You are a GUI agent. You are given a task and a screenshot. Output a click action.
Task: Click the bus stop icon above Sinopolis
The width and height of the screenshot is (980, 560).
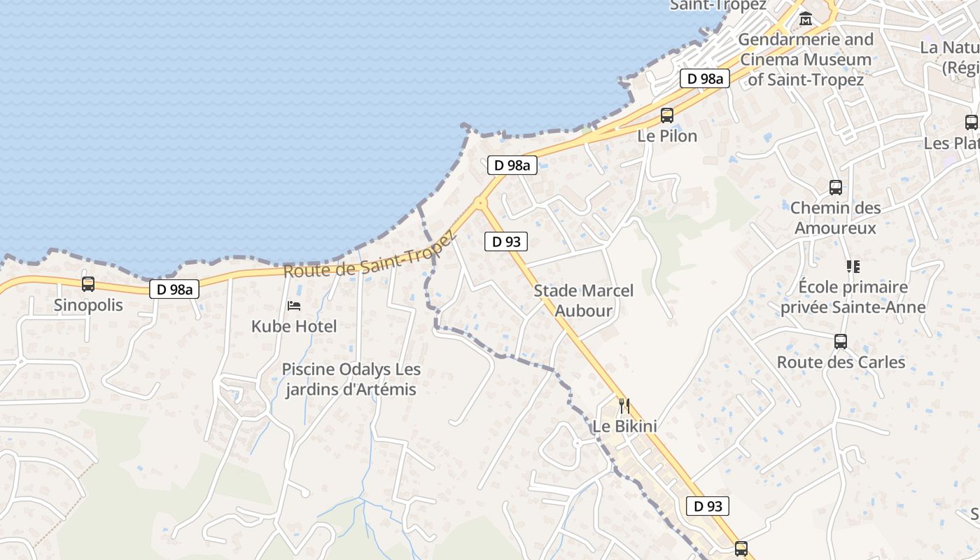point(88,284)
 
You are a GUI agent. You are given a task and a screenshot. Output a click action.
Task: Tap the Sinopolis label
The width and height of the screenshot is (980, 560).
point(88,305)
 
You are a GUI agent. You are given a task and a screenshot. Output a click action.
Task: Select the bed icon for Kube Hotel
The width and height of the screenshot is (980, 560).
point(294,306)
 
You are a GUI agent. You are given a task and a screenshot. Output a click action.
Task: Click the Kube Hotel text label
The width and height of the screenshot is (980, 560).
point(294,326)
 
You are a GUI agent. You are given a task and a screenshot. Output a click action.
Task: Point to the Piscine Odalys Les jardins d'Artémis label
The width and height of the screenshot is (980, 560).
point(351,379)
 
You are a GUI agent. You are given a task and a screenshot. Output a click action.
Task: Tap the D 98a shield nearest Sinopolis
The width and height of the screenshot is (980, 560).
point(174,289)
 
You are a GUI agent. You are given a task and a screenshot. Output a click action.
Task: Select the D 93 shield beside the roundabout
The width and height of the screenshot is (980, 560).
point(506,242)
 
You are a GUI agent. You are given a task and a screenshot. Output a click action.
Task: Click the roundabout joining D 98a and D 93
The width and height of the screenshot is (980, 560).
point(480,203)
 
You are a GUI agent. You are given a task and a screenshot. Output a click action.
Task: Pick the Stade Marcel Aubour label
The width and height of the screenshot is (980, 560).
point(584,300)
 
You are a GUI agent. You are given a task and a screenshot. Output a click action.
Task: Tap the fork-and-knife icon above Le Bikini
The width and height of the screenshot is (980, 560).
point(624,405)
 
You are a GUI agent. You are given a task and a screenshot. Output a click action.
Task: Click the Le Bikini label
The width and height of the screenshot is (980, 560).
point(624,426)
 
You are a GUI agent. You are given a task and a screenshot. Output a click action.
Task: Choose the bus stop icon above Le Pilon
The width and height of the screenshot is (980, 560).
point(667,115)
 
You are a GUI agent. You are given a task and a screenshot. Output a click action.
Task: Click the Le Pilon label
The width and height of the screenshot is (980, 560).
point(667,136)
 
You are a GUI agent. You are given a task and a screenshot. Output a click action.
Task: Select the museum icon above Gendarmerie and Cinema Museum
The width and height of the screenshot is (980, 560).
point(806,19)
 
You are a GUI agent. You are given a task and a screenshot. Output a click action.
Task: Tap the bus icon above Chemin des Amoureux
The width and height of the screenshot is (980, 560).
point(835,188)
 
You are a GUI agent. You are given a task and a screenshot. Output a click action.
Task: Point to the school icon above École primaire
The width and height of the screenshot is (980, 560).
point(853,267)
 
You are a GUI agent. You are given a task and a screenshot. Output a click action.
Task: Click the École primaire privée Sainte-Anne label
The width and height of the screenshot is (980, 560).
point(853,297)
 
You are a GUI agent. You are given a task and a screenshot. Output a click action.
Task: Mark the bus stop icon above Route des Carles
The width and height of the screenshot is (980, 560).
point(841,342)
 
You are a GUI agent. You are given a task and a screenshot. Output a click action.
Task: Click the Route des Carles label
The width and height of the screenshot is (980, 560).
point(841,363)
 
